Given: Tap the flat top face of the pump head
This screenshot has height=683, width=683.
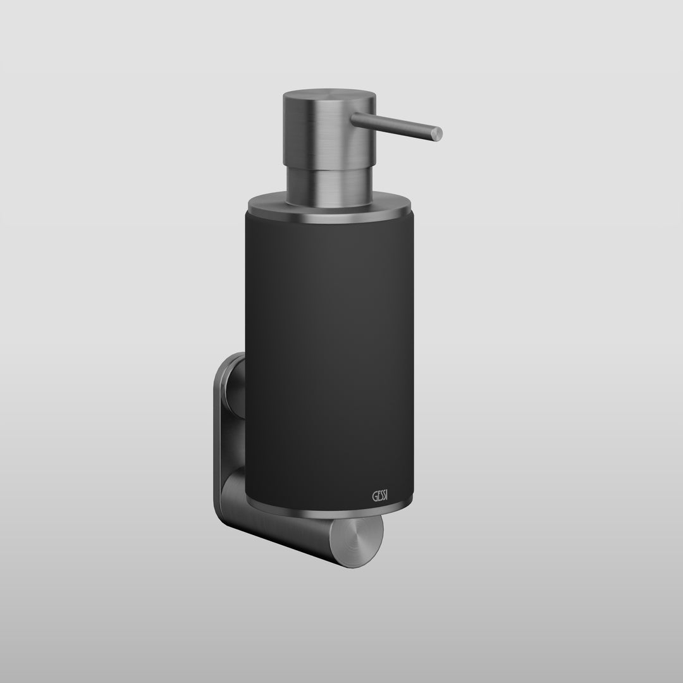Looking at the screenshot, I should tap(329, 97).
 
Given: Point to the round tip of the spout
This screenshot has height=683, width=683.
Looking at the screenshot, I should tap(436, 133).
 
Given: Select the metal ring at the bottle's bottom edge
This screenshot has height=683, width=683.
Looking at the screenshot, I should tap(329, 505).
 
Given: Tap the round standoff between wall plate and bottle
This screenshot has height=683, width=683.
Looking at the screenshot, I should tap(235, 386).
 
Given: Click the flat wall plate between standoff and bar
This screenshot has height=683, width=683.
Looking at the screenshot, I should tap(226, 443).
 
